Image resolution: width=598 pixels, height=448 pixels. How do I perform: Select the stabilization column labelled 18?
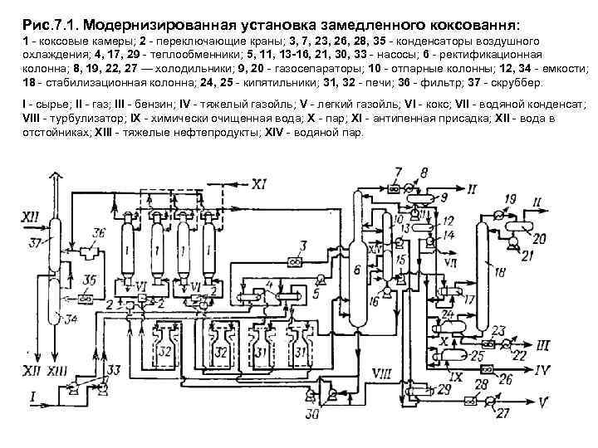480,274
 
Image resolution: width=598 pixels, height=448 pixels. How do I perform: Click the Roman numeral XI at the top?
260,184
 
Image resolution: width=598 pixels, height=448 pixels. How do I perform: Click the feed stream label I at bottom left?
32,399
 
